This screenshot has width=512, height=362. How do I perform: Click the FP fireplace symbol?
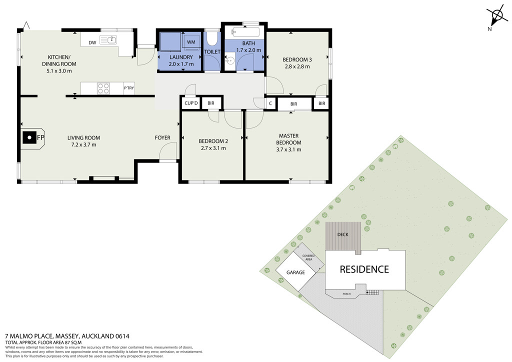click(x=32, y=138)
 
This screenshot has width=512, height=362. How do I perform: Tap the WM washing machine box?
click(x=191, y=42)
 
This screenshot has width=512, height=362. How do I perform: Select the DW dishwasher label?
click(x=92, y=42)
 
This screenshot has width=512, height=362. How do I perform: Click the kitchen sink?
click(x=108, y=40)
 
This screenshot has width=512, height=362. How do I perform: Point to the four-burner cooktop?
click(x=103, y=88)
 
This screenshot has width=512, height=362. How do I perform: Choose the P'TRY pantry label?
click(x=129, y=88)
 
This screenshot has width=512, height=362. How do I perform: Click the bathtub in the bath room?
click(x=245, y=32)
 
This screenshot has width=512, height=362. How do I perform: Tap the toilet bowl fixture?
click(x=212, y=39)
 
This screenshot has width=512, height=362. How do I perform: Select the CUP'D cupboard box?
click(x=191, y=103)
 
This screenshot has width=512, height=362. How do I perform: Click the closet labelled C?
click(x=270, y=103)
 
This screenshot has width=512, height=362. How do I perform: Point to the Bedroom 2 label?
click(x=213, y=141)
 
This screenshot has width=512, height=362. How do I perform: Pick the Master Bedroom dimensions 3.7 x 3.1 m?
click(x=288, y=149)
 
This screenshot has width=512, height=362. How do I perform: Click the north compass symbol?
click(x=496, y=17)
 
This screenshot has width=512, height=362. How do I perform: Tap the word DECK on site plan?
click(x=343, y=234)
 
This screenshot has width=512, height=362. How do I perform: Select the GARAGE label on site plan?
click(x=295, y=272)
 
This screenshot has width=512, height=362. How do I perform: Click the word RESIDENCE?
click(x=364, y=269)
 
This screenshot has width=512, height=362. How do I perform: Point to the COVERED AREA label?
click(x=308, y=257)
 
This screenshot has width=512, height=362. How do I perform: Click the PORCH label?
click(x=346, y=294)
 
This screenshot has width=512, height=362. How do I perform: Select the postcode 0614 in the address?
click(x=122, y=336)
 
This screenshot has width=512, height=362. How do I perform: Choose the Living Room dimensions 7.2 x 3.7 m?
click(x=83, y=144)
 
